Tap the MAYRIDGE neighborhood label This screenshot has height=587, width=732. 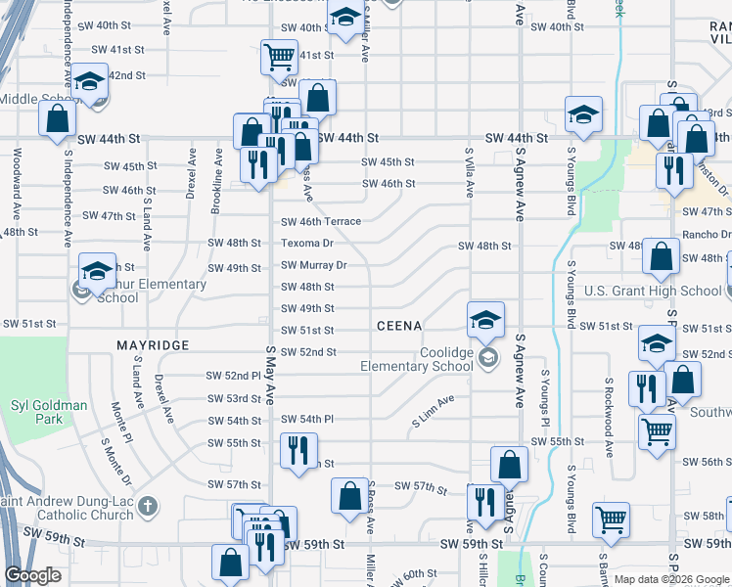coord(152,345)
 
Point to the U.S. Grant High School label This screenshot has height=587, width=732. coord(653,291)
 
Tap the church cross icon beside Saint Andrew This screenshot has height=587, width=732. coord(148,506)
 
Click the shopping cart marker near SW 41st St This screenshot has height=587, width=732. coord(279,57)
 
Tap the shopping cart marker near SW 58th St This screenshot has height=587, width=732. coord(611,520)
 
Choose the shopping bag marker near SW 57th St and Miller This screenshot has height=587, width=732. coord(349,496)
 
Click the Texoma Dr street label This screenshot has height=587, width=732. coord(307,243)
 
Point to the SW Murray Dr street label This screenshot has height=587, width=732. coord(314,265)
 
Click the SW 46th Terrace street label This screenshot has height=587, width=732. coord(321,222)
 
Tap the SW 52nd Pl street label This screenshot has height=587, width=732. coord(232,375)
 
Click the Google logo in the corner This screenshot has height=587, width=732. coord(32,576)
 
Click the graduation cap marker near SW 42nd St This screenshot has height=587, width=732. coord(89,83)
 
